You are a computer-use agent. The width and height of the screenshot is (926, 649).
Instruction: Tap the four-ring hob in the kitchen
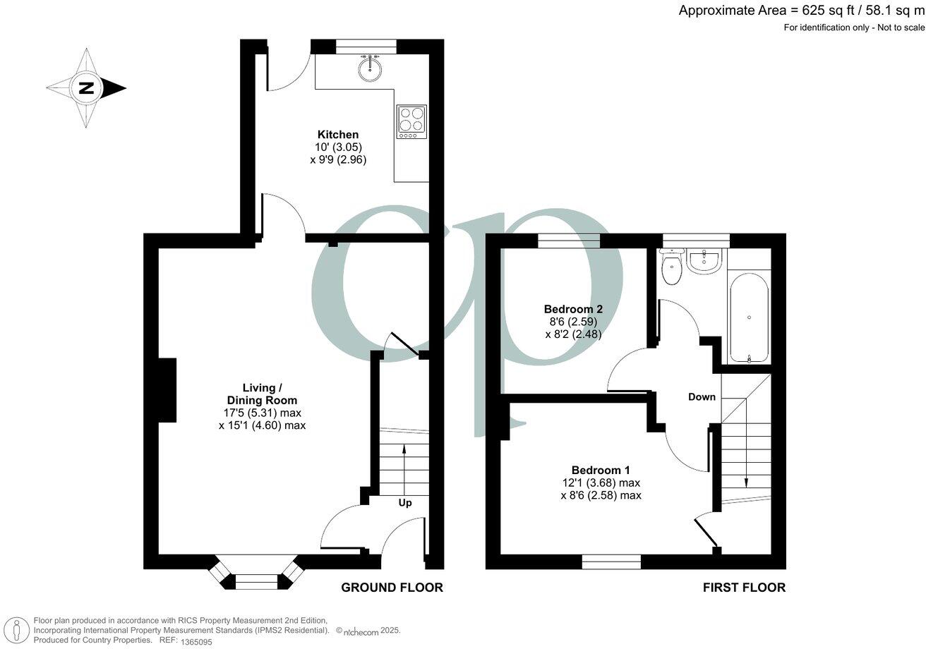coord(411,121)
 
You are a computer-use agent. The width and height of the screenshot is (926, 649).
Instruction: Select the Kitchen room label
coord(338,135)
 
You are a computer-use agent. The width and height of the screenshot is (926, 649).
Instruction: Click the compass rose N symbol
coord(86,89)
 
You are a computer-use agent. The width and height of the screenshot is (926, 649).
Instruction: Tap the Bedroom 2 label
coord(573,309)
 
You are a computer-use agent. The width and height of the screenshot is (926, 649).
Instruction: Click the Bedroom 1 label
coord(601,471)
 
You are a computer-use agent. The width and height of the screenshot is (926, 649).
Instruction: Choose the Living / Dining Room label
coord(262,394)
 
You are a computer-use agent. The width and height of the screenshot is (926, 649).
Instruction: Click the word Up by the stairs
coord(405,503)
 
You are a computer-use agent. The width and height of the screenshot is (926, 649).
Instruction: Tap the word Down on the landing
coord(702,397)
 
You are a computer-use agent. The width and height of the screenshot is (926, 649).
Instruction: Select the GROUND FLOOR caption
coord(392,588)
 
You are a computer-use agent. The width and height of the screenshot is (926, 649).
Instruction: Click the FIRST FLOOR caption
coord(743,588)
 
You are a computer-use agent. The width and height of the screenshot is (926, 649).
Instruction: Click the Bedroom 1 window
coord(611,562)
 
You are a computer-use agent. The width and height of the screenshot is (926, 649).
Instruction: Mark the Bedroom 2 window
coord(569,241)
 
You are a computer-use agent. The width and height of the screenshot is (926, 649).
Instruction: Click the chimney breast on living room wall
coord(167,390)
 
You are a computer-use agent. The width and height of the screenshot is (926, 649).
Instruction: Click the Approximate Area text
coord(801,10)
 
